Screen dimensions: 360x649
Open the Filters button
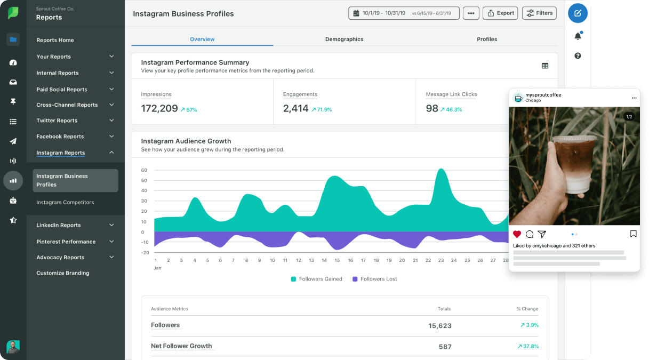click(539, 13)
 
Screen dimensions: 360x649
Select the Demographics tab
click(344, 39)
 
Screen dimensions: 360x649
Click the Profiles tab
click(486, 39)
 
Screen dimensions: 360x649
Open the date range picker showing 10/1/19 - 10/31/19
click(404, 13)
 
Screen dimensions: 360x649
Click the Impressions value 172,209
click(159, 109)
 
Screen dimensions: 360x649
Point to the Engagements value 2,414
click(296, 109)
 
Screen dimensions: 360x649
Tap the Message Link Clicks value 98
click(432, 109)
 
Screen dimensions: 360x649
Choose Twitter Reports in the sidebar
click(57, 121)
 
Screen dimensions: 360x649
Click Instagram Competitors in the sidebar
click(65, 203)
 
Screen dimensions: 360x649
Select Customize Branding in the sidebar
click(63, 273)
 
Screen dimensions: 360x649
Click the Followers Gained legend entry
click(317, 279)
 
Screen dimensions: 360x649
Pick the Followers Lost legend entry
click(375, 279)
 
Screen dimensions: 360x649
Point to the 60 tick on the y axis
click(144, 170)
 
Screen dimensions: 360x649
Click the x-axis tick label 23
click(441, 261)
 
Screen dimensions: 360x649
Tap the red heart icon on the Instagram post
click(517, 234)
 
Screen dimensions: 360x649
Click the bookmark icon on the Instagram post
click(633, 234)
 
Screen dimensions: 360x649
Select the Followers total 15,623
click(440, 326)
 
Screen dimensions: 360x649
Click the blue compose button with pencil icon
click(578, 13)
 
